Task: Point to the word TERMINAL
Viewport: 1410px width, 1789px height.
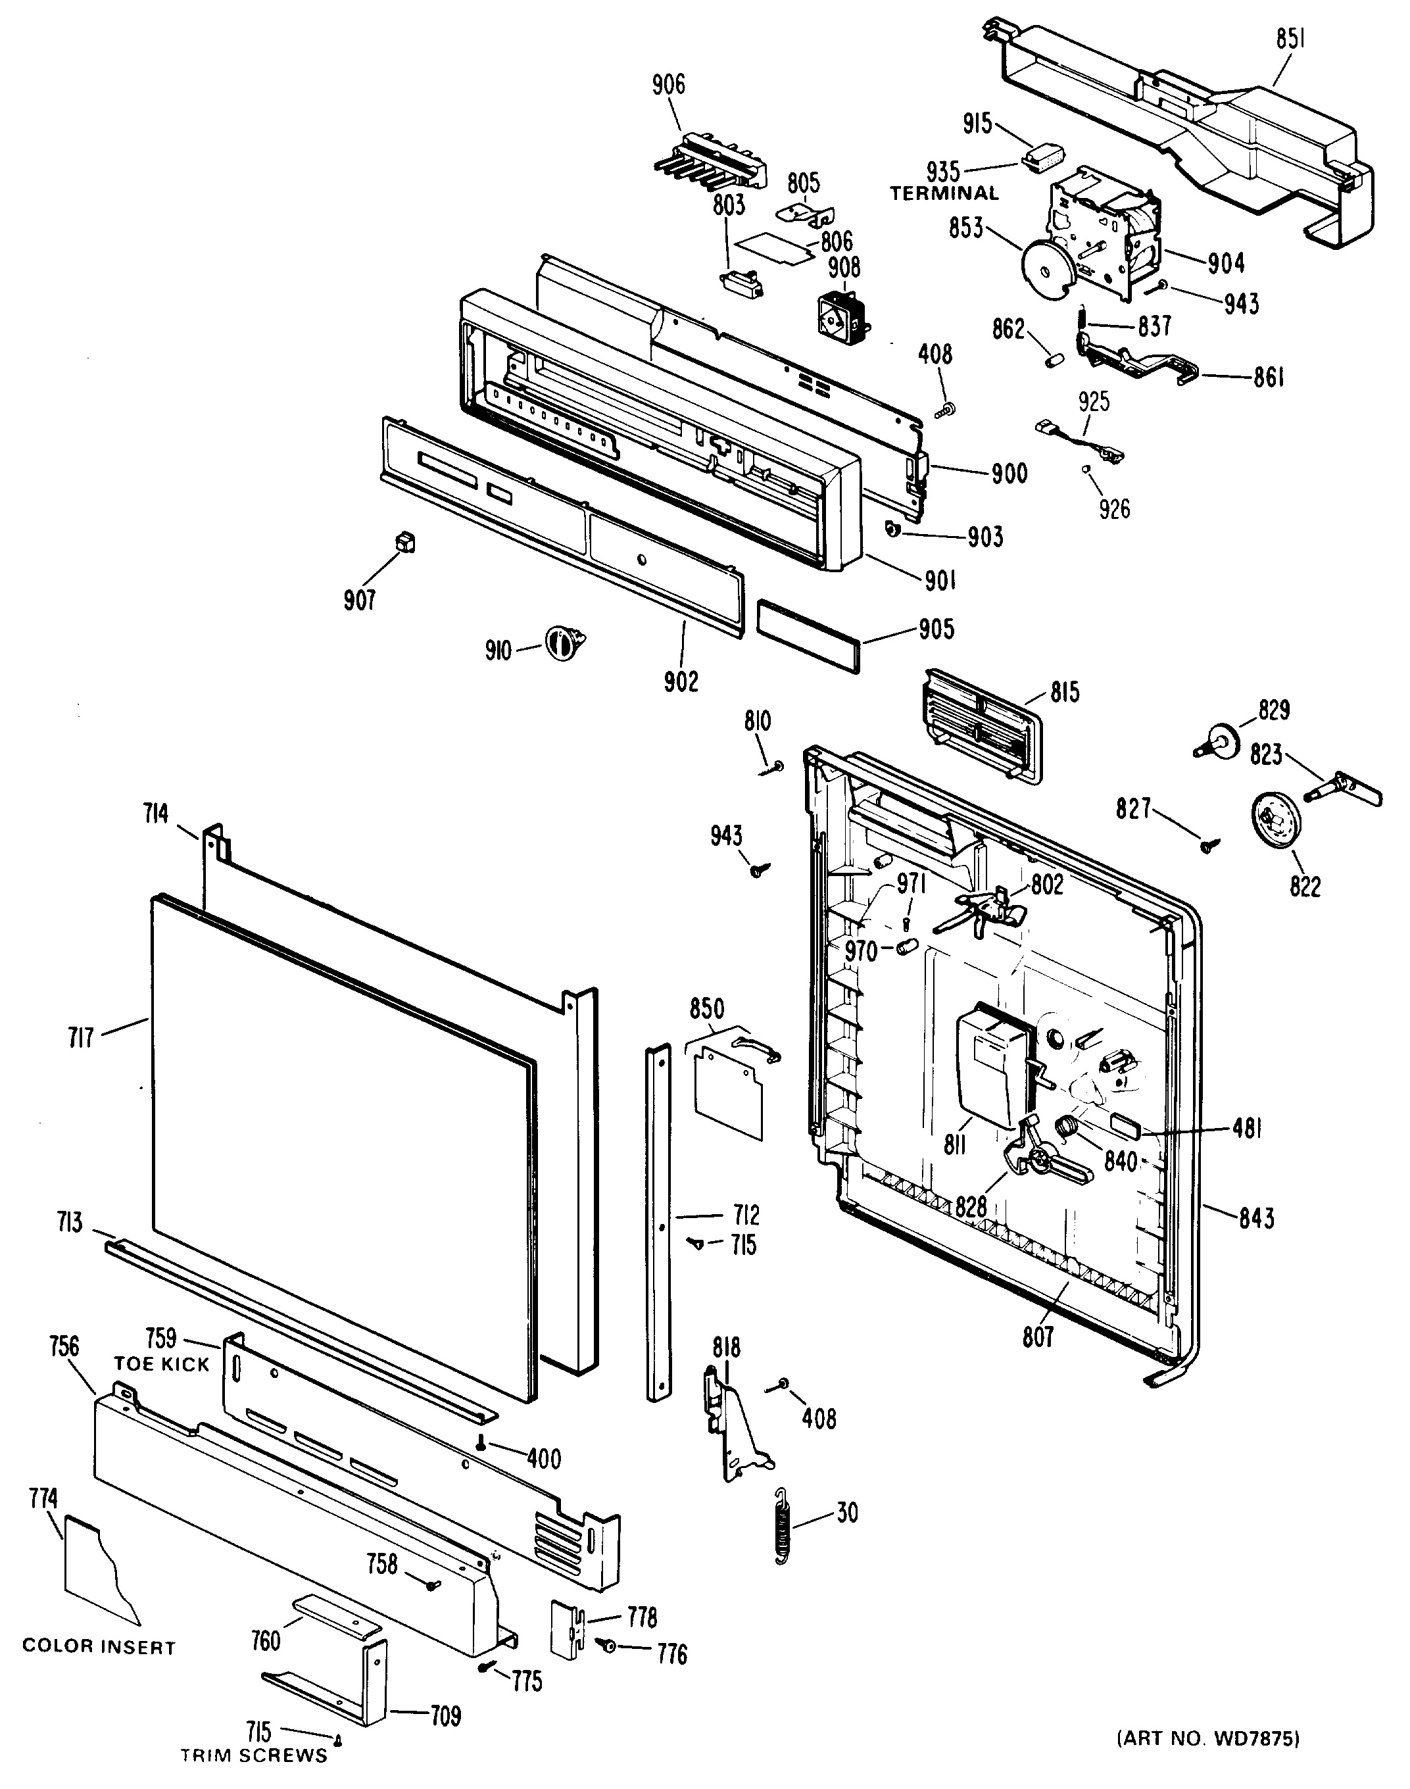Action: pos(944,193)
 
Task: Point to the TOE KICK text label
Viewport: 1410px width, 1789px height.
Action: pos(162,1387)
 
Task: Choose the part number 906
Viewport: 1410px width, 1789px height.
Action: pos(668,84)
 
